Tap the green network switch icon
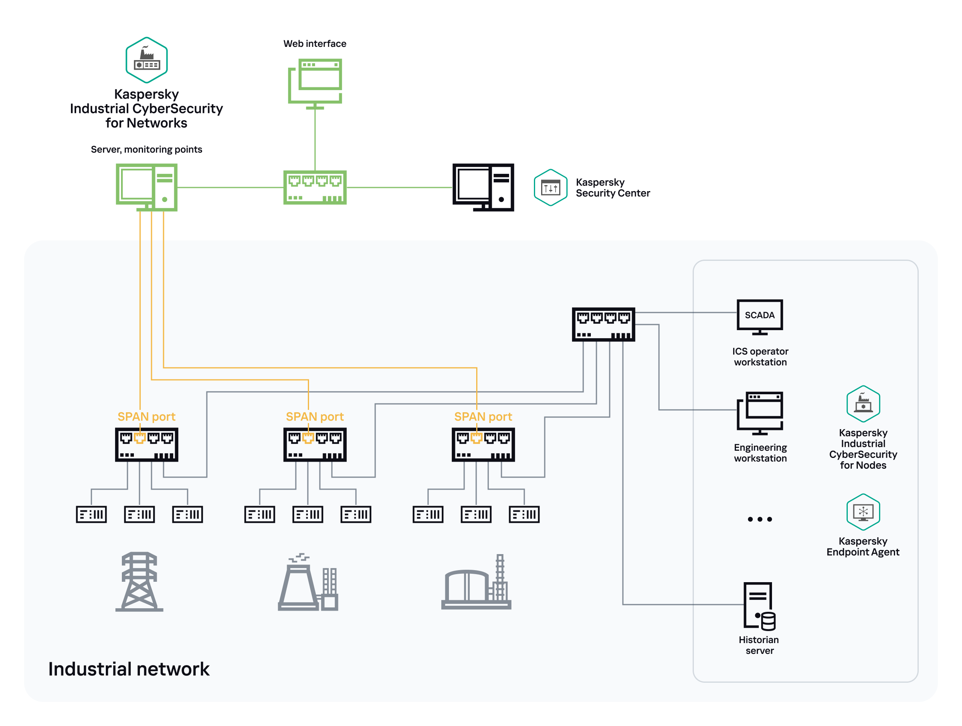(315, 188)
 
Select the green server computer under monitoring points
(147, 187)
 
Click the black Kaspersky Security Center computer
(483, 188)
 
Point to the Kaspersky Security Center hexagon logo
(550, 188)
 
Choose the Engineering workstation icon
(759, 413)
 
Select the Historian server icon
(759, 606)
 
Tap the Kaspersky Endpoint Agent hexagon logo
(863, 512)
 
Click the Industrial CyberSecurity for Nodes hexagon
(863, 403)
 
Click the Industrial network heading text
(129, 669)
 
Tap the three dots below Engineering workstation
(759, 519)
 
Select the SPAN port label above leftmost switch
(146, 416)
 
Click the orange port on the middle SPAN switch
(308, 438)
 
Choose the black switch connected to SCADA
(603, 324)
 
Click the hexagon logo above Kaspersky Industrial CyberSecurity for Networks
(147, 60)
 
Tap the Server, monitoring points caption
(146, 149)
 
